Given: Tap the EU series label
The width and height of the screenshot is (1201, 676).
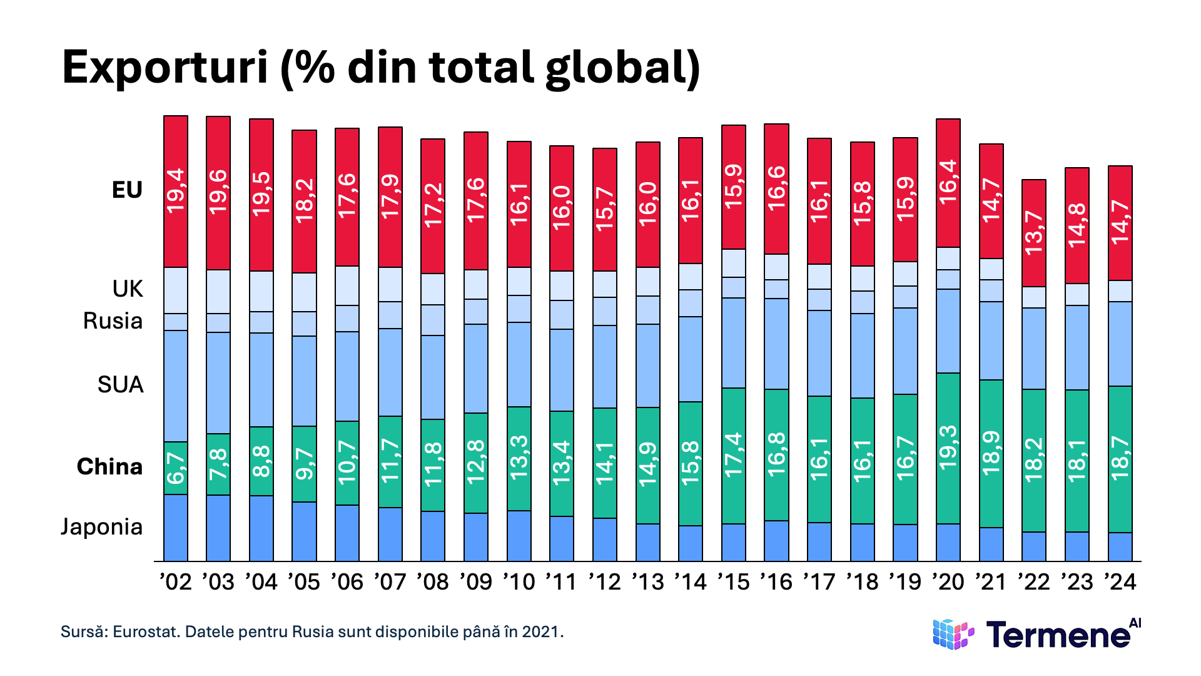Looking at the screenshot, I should pos(127,190).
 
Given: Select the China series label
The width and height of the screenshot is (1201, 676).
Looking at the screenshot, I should pos(109,466).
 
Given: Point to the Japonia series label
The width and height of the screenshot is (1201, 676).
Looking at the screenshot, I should pos(102,526).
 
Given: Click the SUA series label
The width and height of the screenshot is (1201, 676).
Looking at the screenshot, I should pos(120,384).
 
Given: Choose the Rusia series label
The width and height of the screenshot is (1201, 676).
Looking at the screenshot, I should pos(113,320).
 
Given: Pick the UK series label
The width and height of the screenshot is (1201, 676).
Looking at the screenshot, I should pos(128,289).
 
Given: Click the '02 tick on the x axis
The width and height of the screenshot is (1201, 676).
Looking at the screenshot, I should pos(175,581).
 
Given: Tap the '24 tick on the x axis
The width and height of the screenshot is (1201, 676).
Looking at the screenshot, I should pos(1120,581).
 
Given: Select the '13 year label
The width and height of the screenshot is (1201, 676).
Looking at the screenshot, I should pos(647,581).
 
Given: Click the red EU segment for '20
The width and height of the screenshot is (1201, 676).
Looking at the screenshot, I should pos(948,183).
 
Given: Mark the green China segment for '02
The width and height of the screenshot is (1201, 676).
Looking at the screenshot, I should pos(176,468).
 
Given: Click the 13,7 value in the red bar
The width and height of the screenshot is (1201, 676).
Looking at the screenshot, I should pos(1034,233).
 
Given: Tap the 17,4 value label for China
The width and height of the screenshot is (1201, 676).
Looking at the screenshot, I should pos(734,455).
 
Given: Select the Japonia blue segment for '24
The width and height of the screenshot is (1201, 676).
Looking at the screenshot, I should pos(1120,546).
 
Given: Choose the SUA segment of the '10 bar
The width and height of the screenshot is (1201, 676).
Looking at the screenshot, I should pos(519,364).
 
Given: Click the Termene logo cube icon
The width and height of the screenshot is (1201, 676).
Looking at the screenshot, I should pos(953,634).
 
